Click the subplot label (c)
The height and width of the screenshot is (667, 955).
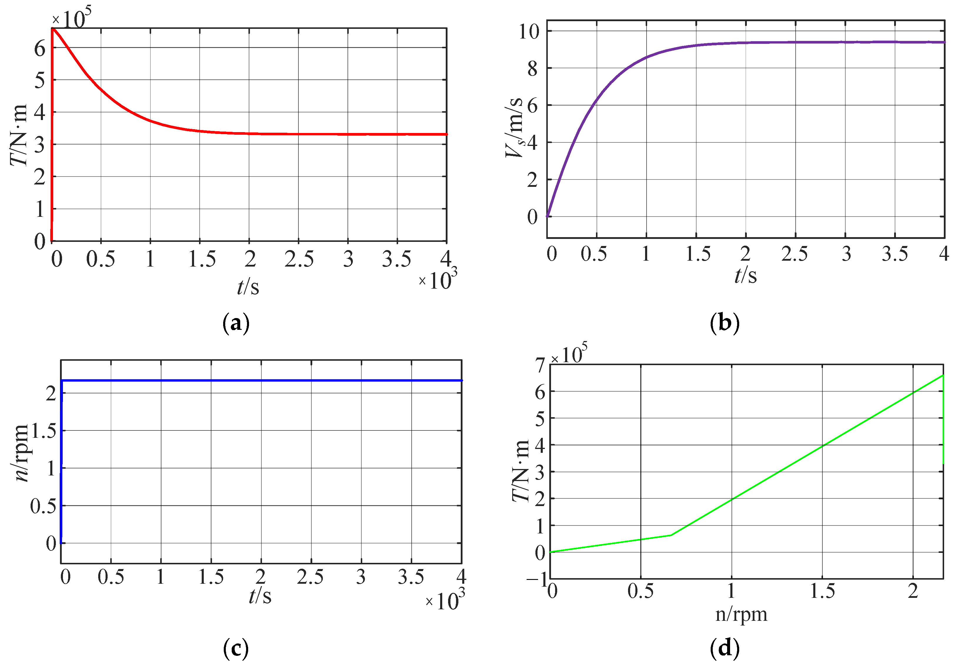[236, 648]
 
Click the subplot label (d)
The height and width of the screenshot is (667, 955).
[724, 648]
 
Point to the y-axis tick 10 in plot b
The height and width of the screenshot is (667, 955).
[528, 31]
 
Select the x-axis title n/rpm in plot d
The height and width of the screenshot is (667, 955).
[741, 614]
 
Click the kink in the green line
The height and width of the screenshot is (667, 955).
[671, 535]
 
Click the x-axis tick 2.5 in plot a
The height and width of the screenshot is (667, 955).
[299, 259]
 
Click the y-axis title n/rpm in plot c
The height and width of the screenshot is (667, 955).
[22, 454]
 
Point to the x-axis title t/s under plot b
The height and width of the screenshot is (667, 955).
[745, 275]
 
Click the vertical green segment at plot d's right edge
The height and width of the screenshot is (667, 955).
[943, 420]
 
